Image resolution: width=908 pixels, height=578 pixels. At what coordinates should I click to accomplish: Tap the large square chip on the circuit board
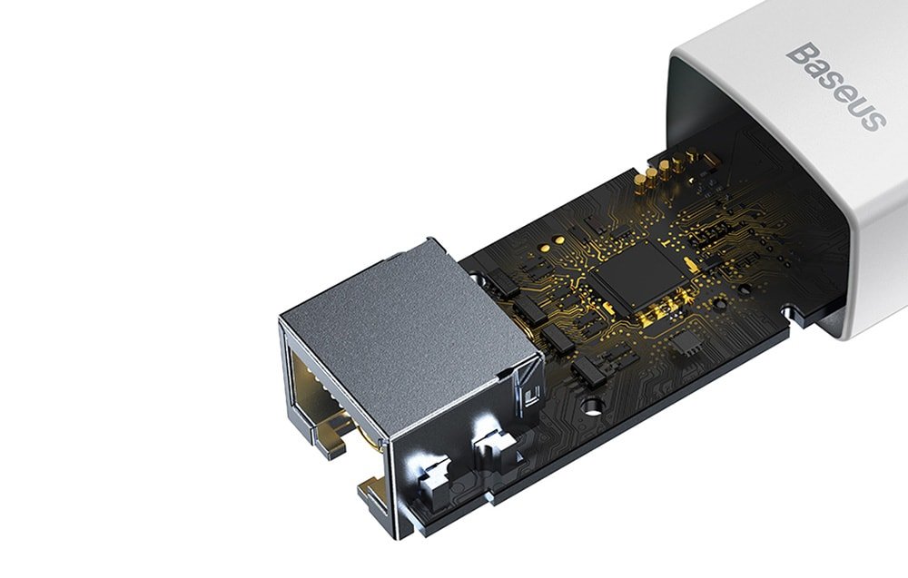[638, 272]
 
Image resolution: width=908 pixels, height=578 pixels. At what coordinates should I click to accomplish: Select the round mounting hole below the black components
[591, 406]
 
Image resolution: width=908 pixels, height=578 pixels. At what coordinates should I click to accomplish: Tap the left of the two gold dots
[545, 247]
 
